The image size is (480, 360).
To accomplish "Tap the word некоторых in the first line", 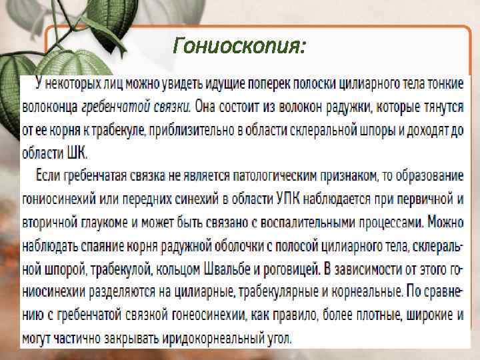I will point(73,85).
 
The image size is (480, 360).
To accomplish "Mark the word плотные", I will point(343,314).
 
